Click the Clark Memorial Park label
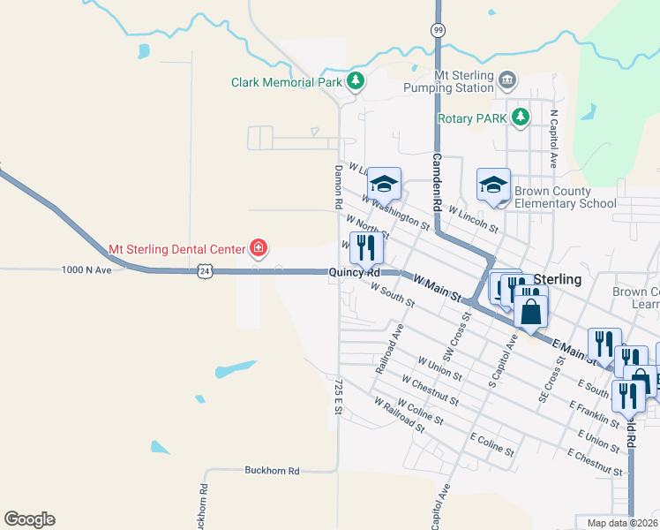coord(286,82)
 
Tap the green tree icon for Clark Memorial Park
coord(355,82)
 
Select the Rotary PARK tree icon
coord(521,117)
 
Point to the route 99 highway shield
coord(439,29)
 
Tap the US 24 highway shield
coord(205,272)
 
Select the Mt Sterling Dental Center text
coord(176,250)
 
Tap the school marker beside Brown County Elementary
coord(493,185)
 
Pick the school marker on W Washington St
coord(384,184)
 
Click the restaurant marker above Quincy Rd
coord(367,247)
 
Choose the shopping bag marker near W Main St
coord(530,311)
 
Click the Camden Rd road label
coord(437,181)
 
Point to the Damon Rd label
coord(337,186)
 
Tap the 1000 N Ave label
coord(87,270)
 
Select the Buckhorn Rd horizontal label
coord(272,471)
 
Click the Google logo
coord(29,519)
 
